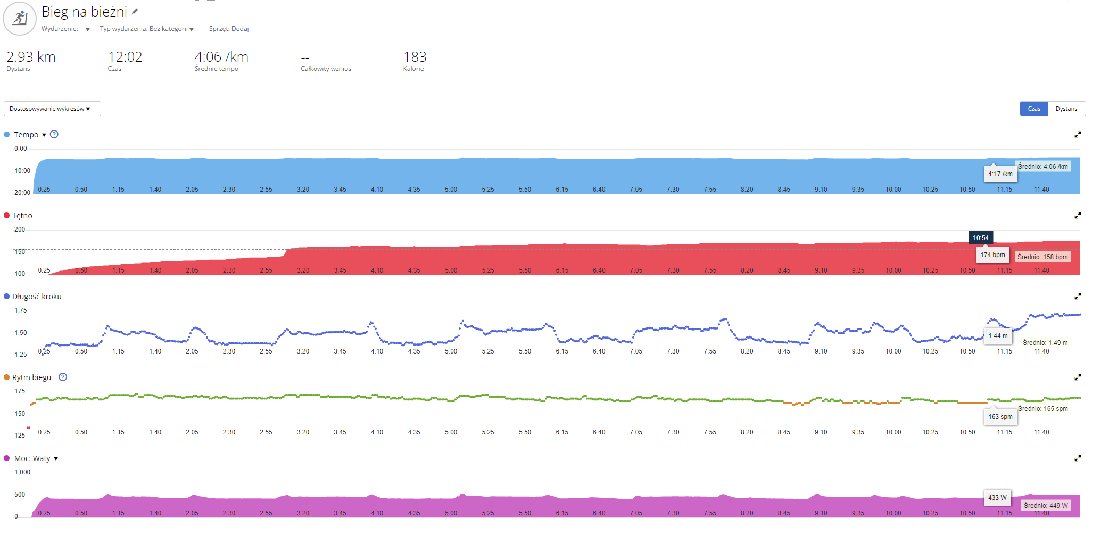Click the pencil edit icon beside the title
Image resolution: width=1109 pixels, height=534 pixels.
click(135, 11)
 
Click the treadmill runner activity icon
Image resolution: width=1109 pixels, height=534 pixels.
click(20, 19)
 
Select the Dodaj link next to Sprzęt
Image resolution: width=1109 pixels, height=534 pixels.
click(240, 29)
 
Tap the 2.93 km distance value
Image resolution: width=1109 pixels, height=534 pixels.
click(31, 57)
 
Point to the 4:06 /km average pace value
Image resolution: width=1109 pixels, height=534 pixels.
click(221, 57)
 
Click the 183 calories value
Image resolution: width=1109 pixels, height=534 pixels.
click(415, 57)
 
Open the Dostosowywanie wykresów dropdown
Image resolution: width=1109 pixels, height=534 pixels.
click(52, 109)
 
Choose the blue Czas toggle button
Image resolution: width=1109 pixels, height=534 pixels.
click(1033, 109)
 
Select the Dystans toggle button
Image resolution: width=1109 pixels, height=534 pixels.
click(1066, 109)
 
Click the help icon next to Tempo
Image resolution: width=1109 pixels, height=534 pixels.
click(54, 134)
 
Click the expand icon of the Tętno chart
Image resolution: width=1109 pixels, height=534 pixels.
click(1078, 216)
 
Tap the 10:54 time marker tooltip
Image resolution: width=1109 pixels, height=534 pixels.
click(981, 238)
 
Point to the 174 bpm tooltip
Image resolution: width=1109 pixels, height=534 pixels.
click(992, 255)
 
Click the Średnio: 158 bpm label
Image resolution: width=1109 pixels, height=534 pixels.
click(1042, 257)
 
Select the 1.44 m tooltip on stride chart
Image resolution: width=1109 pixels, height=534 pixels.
click(998, 336)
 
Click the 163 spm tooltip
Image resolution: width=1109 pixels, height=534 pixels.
click(1000, 417)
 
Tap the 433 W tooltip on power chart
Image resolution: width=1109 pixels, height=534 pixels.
click(997, 498)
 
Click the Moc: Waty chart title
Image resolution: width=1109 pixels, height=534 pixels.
click(32, 458)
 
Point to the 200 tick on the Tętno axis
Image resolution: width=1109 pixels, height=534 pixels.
click(20, 229)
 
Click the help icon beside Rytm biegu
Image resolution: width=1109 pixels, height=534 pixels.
click(63, 377)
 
